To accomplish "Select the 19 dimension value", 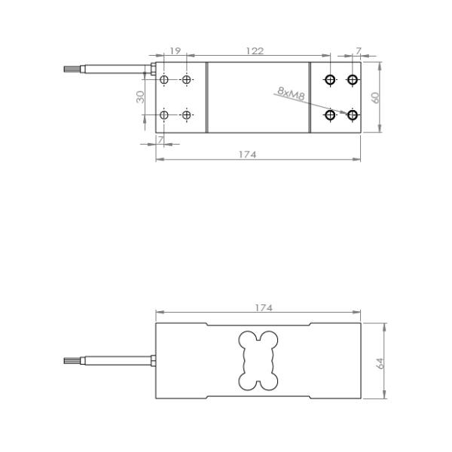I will (175, 50).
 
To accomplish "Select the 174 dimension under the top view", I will (248, 154).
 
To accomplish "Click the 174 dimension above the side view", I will (264, 308).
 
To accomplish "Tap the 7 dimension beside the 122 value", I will (358, 50).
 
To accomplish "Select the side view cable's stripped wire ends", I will (72, 362).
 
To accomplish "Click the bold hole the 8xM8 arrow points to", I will (352, 115).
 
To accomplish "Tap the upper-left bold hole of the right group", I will (329, 80).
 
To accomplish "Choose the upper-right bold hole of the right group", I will (352, 80).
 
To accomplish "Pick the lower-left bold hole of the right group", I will (329, 115).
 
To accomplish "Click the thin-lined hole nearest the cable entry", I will (164, 80).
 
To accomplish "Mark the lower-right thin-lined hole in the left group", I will (186, 115).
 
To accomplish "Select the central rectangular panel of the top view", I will (258, 97).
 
